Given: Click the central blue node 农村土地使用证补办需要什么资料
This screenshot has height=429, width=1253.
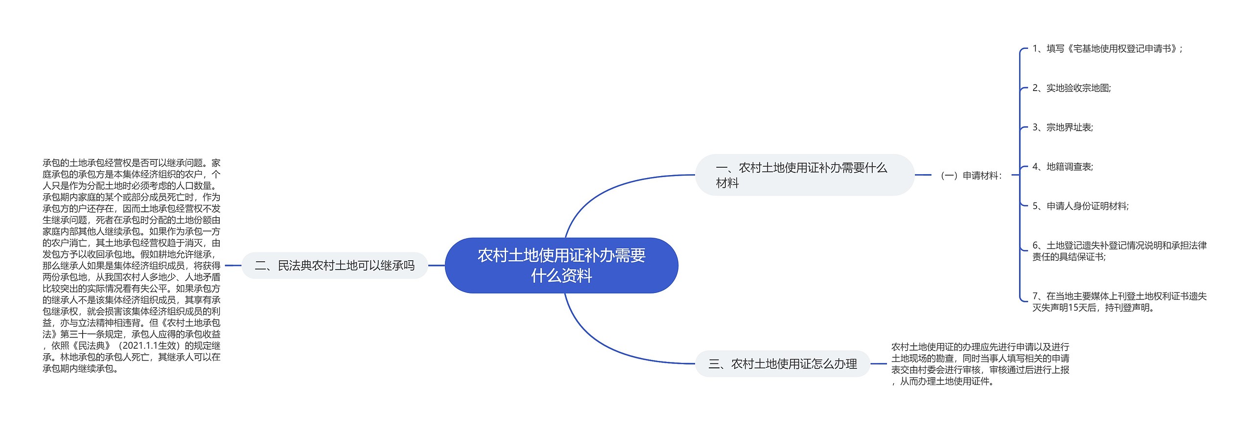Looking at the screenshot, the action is point(561,266).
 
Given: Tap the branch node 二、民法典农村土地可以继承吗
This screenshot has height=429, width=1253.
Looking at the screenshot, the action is point(335,266).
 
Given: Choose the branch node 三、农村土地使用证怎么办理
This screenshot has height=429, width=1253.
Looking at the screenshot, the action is point(782,364).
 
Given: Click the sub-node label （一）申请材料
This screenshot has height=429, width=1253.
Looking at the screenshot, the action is point(970,176).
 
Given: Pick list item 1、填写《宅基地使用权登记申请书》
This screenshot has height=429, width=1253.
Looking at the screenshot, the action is point(1107,49).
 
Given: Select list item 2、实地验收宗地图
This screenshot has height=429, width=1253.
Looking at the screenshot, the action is point(1071,88).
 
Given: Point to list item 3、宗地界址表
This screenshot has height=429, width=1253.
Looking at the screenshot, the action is point(1062,128).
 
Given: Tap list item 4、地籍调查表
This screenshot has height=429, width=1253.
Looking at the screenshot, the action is point(1062,167).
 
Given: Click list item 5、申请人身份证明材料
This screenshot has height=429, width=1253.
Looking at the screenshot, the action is point(1080,206).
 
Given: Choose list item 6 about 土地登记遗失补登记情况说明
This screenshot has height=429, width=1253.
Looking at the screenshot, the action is point(1119,251).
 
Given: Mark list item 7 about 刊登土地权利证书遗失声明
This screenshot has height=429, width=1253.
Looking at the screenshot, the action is point(1119,302).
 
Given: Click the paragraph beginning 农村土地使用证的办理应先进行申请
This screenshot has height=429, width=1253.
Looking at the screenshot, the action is point(980,364).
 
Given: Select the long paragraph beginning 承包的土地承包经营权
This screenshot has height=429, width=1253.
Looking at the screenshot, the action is point(131,266).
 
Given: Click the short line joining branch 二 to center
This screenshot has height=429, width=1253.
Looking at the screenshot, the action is point(436,266).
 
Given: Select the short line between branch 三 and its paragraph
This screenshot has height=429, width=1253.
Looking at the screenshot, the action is point(879,364).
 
